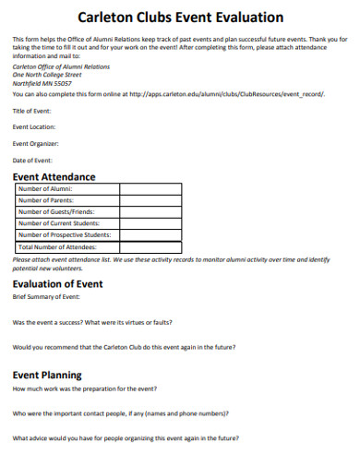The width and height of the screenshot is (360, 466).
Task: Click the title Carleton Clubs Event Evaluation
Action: [x=180, y=18]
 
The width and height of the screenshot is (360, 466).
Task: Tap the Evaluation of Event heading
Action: [x=57, y=284]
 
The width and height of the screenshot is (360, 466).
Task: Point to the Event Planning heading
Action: [x=47, y=375]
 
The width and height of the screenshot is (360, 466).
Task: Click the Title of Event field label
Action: [x=32, y=110]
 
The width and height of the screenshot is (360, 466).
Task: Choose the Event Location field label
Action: [x=34, y=126]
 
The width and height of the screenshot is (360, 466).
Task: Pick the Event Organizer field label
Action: [x=36, y=143]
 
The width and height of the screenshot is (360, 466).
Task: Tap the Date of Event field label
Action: [x=32, y=160]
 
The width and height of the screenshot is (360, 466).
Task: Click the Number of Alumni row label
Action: [x=46, y=188]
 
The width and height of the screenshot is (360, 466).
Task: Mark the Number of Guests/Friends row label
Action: [x=56, y=211]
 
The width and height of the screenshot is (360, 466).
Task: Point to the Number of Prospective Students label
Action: [x=65, y=234]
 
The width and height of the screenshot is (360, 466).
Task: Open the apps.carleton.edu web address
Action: [x=226, y=93]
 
